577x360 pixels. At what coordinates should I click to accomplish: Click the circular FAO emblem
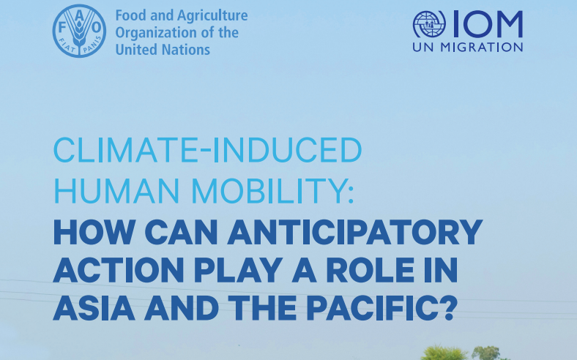coord(79,31)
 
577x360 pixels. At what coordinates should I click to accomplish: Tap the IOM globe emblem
coord(429,24)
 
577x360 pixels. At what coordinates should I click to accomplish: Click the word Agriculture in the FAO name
coord(212,16)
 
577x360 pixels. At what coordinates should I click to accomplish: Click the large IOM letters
coord(487,24)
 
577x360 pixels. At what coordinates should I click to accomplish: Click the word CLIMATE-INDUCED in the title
coord(208,150)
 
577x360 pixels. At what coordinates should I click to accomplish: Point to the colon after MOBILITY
coord(350,195)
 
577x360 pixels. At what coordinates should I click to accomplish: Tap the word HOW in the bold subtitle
coord(94,232)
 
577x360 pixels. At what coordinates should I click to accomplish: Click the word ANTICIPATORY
coord(354,232)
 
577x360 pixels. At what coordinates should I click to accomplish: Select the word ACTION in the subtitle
coord(119,269)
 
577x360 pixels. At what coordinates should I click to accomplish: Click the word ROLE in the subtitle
coord(371,269)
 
